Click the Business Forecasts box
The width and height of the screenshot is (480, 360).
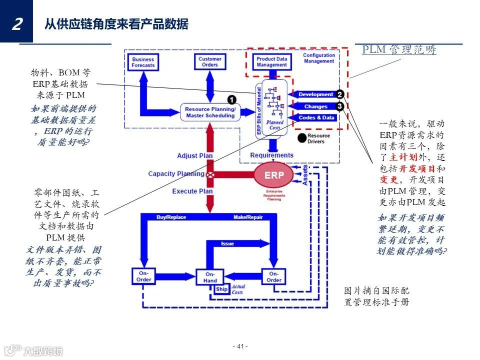(x=143, y=62)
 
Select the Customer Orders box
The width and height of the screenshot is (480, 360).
(x=209, y=62)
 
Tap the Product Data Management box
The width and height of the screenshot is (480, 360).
(x=271, y=62)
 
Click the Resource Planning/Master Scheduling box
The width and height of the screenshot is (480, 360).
(x=210, y=112)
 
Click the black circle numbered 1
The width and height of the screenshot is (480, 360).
(x=232, y=100)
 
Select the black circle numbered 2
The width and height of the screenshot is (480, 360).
(x=339, y=94)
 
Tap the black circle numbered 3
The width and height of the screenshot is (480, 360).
(x=339, y=106)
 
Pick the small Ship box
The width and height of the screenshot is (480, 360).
(x=221, y=289)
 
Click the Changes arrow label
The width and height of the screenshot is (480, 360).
(x=315, y=106)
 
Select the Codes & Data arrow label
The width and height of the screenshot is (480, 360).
(x=316, y=117)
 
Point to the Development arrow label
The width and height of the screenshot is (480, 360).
(x=315, y=94)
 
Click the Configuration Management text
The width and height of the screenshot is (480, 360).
(x=319, y=58)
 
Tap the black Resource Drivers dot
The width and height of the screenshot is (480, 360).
(x=301, y=137)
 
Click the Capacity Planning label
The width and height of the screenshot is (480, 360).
(x=176, y=174)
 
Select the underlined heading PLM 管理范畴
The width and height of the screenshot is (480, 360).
(x=399, y=49)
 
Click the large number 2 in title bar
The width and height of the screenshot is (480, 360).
(x=16, y=23)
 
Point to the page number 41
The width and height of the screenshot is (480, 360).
(x=240, y=346)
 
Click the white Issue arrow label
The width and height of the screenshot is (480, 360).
(x=227, y=243)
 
